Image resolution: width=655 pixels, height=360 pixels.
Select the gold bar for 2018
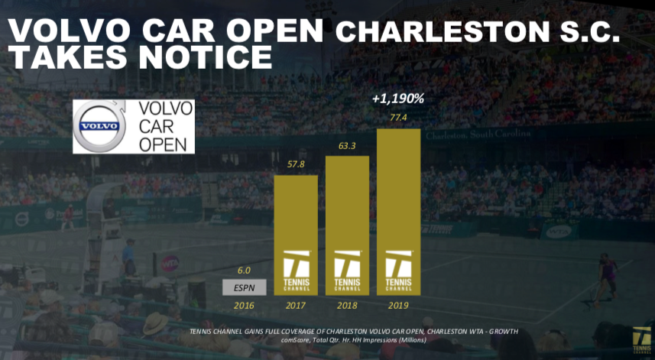point(347,225)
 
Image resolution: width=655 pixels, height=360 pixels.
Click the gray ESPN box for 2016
point(245,288)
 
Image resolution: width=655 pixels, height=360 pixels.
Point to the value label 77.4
point(398,118)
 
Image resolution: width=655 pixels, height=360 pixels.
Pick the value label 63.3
point(347,146)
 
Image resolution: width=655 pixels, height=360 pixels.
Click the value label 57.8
point(295,165)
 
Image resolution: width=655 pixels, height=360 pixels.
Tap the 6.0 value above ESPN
point(244,270)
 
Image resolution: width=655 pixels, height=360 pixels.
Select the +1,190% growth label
point(397,99)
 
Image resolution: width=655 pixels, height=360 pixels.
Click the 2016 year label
point(245,305)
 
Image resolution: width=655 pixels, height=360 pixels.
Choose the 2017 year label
point(296,305)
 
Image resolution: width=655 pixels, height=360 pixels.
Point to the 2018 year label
point(347,305)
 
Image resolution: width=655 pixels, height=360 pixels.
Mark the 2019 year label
point(398,305)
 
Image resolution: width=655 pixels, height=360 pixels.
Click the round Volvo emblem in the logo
point(99,126)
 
